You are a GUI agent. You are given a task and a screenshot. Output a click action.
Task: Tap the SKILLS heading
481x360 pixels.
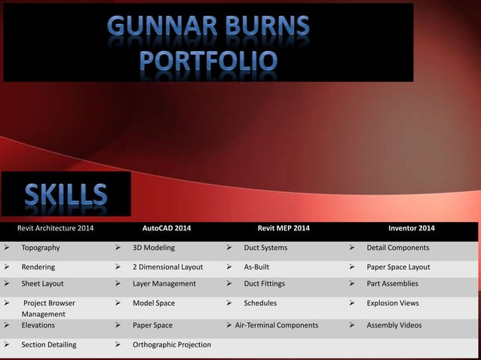(66, 194)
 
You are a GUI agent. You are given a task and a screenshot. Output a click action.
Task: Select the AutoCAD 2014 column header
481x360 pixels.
(167, 228)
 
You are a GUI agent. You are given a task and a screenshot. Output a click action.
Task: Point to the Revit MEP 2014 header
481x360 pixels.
(283, 228)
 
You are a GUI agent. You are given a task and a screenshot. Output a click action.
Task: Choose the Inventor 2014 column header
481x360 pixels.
(411, 228)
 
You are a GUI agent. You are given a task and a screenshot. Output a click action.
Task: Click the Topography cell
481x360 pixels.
(41, 248)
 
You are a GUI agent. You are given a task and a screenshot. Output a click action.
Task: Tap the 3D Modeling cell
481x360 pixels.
(154, 248)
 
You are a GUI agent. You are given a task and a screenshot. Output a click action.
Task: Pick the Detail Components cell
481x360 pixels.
(398, 248)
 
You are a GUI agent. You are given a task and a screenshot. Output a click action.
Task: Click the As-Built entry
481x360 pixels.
(256, 267)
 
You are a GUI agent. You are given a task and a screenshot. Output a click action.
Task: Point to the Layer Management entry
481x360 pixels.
(164, 284)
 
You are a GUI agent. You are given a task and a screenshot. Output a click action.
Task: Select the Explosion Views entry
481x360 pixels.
(393, 304)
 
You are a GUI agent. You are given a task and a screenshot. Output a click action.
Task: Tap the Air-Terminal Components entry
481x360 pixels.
(277, 325)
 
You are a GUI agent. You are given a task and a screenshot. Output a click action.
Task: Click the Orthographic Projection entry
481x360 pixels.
(172, 345)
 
